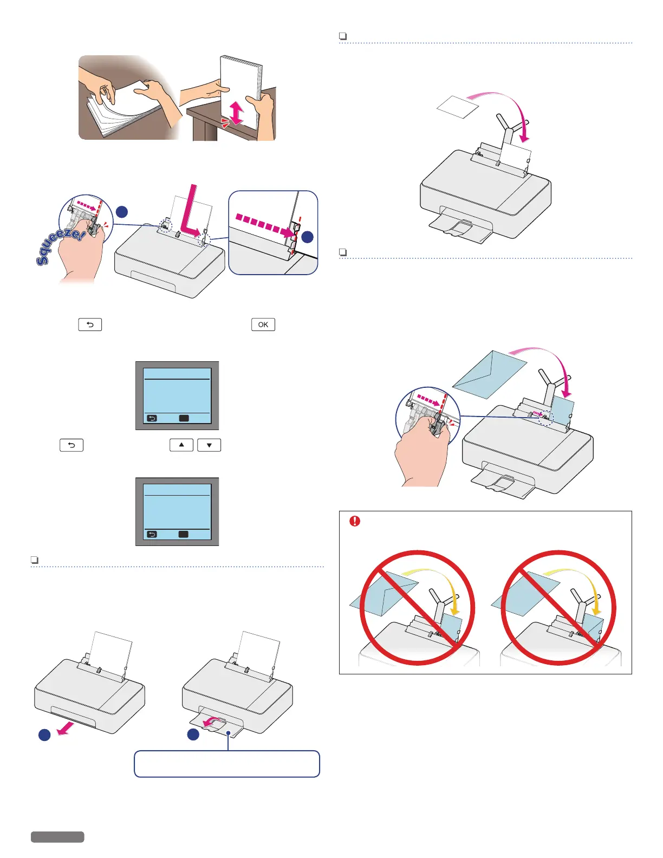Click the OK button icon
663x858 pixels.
[x=263, y=324]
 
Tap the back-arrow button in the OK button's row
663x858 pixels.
[x=90, y=324]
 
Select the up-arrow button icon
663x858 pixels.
[x=181, y=445]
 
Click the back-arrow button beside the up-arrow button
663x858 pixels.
[x=71, y=445]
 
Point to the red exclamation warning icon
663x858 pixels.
[x=355, y=521]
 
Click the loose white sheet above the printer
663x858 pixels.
[x=458, y=107]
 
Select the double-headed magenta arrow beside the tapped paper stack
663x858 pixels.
[x=237, y=112]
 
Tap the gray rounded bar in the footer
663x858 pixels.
[x=57, y=837]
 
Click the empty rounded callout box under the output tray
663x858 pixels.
[x=227, y=764]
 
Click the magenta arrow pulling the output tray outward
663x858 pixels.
[x=66, y=729]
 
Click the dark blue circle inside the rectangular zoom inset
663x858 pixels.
[x=307, y=237]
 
